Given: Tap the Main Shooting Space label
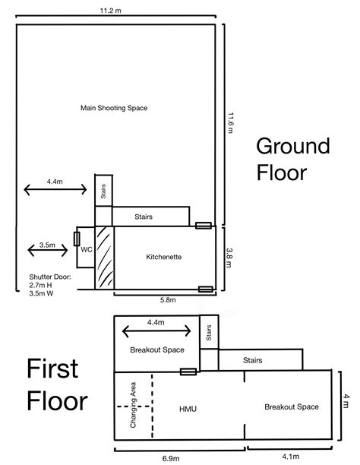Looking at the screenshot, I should [114, 108].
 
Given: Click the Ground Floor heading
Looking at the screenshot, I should [282, 157].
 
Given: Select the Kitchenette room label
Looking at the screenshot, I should [163, 257].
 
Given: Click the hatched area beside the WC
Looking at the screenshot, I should [103, 257].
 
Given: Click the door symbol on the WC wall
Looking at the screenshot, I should [77, 239].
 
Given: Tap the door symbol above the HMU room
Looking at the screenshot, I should [188, 372].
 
